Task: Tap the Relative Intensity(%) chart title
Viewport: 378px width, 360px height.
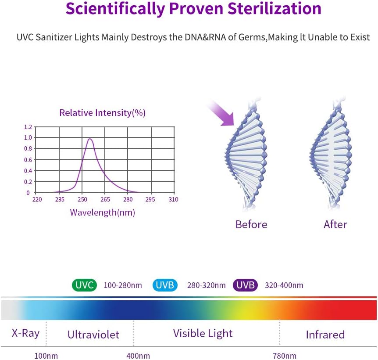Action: coord(102,113)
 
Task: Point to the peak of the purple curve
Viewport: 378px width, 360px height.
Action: coord(90,139)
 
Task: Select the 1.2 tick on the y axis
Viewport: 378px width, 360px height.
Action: coord(28,127)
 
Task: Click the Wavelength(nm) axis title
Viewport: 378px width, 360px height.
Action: coord(102,212)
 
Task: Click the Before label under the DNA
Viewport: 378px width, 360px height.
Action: coord(251,224)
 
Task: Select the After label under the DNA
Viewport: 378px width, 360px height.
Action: coord(335,224)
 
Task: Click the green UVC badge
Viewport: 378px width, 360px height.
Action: coord(85,285)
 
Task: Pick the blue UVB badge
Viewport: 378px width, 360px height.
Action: coord(165,285)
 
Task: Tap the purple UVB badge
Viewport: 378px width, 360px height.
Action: coord(246,285)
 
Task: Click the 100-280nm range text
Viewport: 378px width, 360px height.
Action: coord(123,285)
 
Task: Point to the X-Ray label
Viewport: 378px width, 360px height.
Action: coord(25,333)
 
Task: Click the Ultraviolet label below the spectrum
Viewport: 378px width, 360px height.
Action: coord(93,335)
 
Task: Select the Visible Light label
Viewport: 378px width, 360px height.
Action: coord(203,333)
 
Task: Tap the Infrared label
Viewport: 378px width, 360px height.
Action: coord(325,335)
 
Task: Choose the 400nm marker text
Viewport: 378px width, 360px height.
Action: coord(139,356)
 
